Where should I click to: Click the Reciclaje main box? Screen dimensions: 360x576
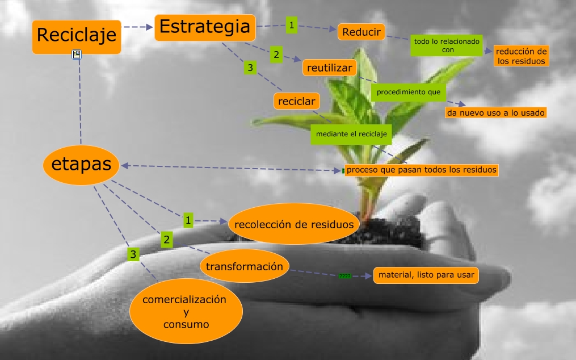(77, 36)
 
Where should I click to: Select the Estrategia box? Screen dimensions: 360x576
(204, 27)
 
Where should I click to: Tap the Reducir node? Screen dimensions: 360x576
(361, 32)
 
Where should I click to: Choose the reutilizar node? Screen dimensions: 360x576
(330, 68)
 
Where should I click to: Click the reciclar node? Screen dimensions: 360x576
(296, 101)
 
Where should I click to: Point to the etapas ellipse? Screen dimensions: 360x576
(81, 165)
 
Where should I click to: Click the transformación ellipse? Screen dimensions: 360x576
(245, 266)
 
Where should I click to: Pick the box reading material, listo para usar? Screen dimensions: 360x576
(426, 275)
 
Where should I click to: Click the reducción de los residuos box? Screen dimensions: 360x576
(521, 56)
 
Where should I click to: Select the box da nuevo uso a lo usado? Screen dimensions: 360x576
(496, 112)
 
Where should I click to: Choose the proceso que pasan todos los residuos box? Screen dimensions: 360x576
(422, 169)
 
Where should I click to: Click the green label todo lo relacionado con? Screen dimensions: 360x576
(447, 46)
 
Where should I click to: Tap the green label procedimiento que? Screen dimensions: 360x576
(408, 92)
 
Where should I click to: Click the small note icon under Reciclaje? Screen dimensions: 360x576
(77, 55)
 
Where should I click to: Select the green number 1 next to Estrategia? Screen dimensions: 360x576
(292, 25)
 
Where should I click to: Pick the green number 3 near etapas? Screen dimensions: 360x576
(133, 254)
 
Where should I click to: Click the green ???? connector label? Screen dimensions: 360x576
(344, 277)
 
